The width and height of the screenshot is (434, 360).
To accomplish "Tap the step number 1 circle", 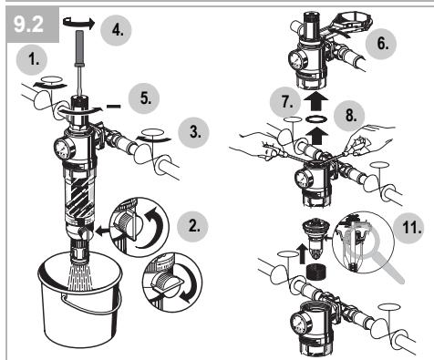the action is tap(32, 59).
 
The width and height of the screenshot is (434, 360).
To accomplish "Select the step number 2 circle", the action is tap(192, 227).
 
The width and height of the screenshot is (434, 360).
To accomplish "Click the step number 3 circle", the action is tap(193, 132).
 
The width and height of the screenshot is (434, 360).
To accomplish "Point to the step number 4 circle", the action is tap(116, 30).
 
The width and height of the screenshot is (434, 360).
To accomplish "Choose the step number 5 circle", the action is tap(144, 98).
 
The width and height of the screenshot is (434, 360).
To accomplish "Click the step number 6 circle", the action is tap(381, 44).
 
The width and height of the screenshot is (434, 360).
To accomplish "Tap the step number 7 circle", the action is tap(285, 102).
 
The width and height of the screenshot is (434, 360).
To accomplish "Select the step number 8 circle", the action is tap(349, 116).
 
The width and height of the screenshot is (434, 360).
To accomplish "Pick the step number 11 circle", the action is tap(408, 228).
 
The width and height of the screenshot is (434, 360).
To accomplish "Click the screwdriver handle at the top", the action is tap(79, 48).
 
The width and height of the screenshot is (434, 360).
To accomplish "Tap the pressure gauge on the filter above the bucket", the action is tap(65, 149).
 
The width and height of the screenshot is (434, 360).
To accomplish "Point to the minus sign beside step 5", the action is tap(114, 107).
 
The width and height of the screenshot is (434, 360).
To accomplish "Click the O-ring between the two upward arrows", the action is tap(316, 119).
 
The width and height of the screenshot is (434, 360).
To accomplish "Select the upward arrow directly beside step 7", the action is tap(315, 101).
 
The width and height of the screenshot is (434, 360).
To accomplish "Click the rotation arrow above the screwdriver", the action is tap(78, 24).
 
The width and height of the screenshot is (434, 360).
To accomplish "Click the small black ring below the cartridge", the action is tap(315, 272).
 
